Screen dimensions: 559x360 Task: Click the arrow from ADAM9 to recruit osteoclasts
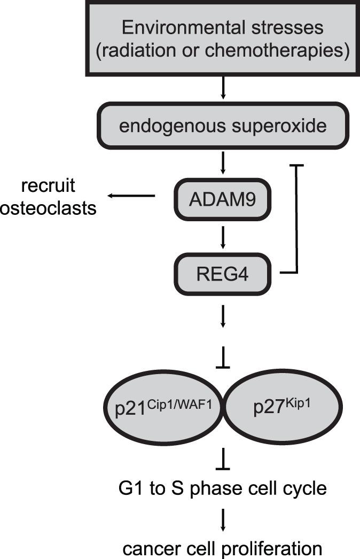coord(131,196)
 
